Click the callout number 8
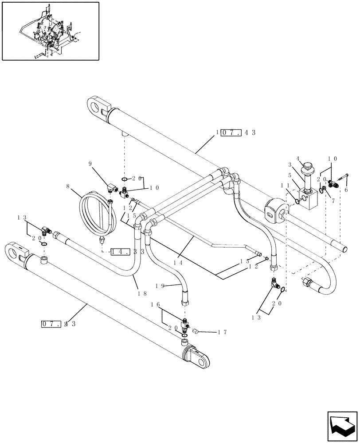tap(68, 187)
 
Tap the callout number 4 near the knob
tap(298, 158)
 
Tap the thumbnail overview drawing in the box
tap(50, 31)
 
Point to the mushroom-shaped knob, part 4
tap(306, 169)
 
